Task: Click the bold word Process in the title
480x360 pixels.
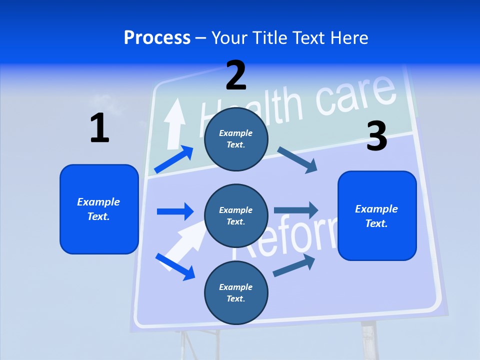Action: (157, 38)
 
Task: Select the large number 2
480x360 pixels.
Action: (236, 75)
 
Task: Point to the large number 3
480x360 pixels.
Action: (376, 136)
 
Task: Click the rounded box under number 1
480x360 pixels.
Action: (99, 209)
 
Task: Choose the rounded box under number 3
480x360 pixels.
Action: (377, 215)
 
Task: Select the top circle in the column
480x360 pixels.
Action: (236, 138)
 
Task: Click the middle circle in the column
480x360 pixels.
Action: (236, 215)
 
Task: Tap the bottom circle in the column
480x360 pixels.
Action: (236, 292)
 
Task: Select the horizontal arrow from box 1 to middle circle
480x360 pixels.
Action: (175, 211)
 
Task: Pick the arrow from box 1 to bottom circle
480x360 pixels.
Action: (175, 266)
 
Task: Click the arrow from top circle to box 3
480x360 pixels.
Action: (297, 160)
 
